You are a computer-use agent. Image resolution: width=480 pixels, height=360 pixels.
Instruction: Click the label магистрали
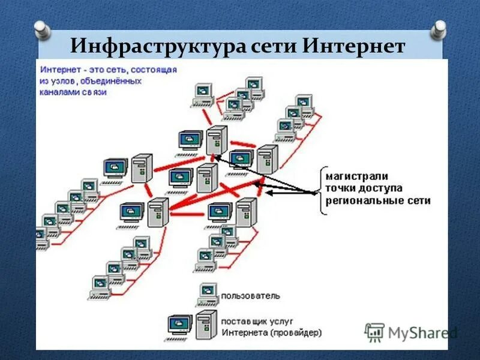(357, 176)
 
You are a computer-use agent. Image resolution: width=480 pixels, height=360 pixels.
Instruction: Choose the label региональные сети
(378, 201)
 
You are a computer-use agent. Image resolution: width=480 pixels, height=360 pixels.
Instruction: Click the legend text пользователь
(250, 296)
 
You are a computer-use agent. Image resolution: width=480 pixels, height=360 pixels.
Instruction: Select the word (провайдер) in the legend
(295, 332)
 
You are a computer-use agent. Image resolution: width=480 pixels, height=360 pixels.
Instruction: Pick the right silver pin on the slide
(439, 27)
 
